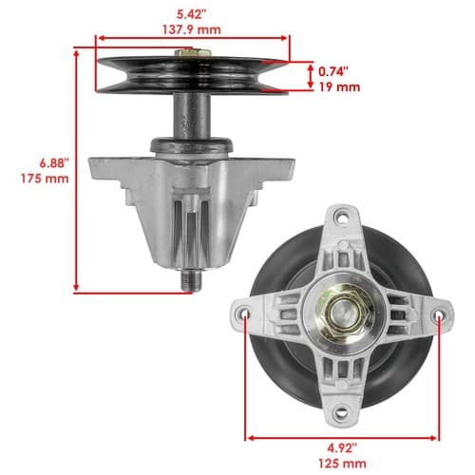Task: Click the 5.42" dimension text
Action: tap(191, 14)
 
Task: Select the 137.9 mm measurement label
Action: tap(192, 29)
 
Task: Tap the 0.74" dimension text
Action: tap(333, 72)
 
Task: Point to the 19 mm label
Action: tap(339, 86)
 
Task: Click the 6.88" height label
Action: tap(53, 163)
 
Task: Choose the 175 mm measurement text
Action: tap(45, 179)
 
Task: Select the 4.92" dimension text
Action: tap(342, 448)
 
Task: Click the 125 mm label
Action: tap(342, 464)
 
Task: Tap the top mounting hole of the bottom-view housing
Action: tap(342, 218)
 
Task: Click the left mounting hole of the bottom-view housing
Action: tap(244, 314)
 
